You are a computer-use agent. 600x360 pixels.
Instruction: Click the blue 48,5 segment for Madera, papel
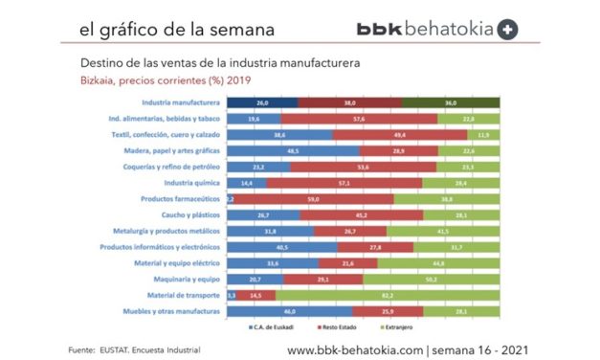292,150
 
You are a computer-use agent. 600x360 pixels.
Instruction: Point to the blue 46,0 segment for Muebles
289,311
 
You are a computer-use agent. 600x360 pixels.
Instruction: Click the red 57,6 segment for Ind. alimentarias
359,118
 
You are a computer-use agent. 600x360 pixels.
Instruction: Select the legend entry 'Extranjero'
435,329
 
